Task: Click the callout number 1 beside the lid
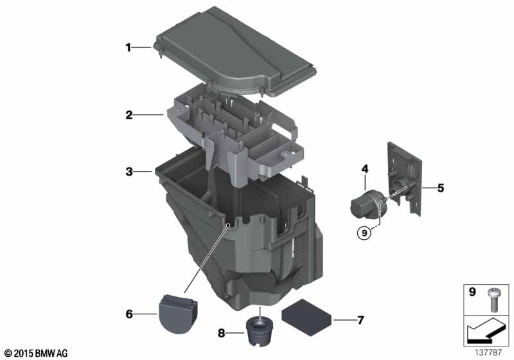point(128,48)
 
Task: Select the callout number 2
point(129,115)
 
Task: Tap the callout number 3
point(129,171)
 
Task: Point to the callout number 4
point(365,169)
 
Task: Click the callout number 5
point(441,188)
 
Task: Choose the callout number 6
point(129,314)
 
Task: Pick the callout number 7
point(360,319)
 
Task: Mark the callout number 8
point(222,334)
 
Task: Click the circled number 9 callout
point(364,233)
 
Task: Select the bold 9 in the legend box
point(472,291)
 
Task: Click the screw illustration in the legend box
point(493,300)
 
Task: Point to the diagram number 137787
point(488,353)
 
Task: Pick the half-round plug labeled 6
point(179,314)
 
